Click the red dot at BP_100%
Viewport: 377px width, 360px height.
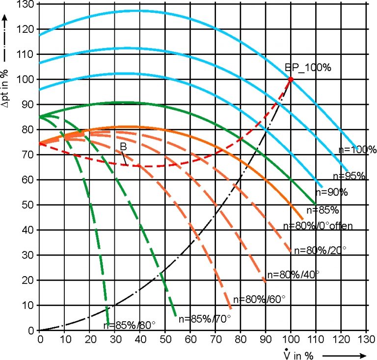coord(291,79)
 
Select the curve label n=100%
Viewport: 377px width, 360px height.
coord(357,150)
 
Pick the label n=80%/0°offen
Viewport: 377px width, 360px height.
coord(319,226)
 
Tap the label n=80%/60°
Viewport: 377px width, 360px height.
coord(259,299)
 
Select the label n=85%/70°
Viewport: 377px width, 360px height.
coord(204,319)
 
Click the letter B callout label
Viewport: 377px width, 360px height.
coord(122,146)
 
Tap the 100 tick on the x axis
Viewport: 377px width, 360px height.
coord(290,338)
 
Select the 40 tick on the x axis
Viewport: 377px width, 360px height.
coord(139,338)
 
